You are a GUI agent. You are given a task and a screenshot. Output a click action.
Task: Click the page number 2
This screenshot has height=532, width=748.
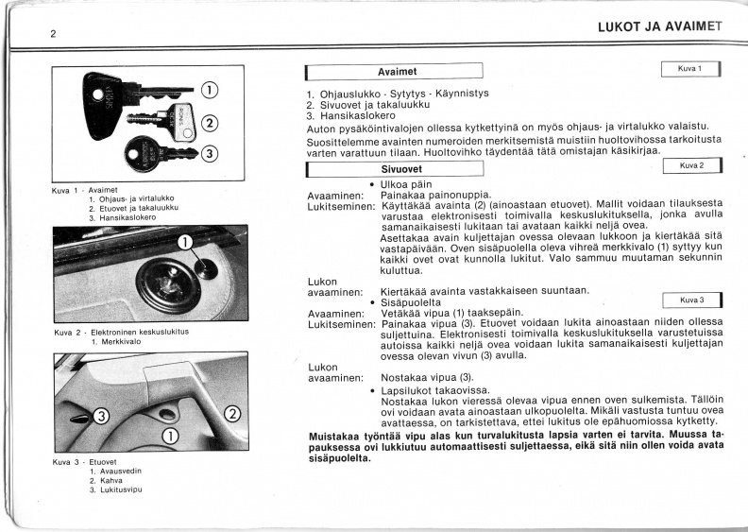click(53, 34)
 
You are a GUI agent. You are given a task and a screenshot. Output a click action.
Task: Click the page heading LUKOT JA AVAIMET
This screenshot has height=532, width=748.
click(660, 26)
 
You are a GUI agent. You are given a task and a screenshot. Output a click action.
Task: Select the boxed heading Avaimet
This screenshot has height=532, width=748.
click(394, 72)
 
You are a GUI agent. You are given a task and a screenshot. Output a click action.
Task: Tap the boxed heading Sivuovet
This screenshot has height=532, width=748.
click(395, 169)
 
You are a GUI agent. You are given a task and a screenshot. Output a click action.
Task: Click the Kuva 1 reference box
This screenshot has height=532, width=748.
click(690, 69)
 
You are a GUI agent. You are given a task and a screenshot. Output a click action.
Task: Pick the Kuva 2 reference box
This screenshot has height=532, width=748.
click(692, 165)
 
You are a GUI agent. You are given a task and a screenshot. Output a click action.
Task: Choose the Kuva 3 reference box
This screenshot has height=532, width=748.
click(692, 300)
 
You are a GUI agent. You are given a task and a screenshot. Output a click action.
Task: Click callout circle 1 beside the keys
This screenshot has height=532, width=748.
click(210, 90)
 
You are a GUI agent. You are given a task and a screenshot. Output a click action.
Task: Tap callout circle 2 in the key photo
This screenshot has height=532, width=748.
click(211, 124)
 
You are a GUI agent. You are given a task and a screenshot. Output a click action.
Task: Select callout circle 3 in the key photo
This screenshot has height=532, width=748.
click(210, 153)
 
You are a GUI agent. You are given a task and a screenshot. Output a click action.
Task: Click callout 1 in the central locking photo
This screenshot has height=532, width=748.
click(185, 243)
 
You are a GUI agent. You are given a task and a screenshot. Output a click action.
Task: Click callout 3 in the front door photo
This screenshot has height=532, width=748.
click(101, 417)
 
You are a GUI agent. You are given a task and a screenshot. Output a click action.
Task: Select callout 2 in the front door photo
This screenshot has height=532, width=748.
click(232, 414)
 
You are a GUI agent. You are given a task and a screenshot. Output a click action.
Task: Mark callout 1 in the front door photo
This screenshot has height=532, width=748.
click(171, 435)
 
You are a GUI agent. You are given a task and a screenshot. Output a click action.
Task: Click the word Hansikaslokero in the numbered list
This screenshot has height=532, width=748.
click(358, 116)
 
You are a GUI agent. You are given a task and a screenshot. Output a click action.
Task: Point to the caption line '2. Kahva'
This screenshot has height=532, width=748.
click(106, 480)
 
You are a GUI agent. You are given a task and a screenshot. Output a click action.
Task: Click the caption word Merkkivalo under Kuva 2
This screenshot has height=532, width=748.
click(116, 342)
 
